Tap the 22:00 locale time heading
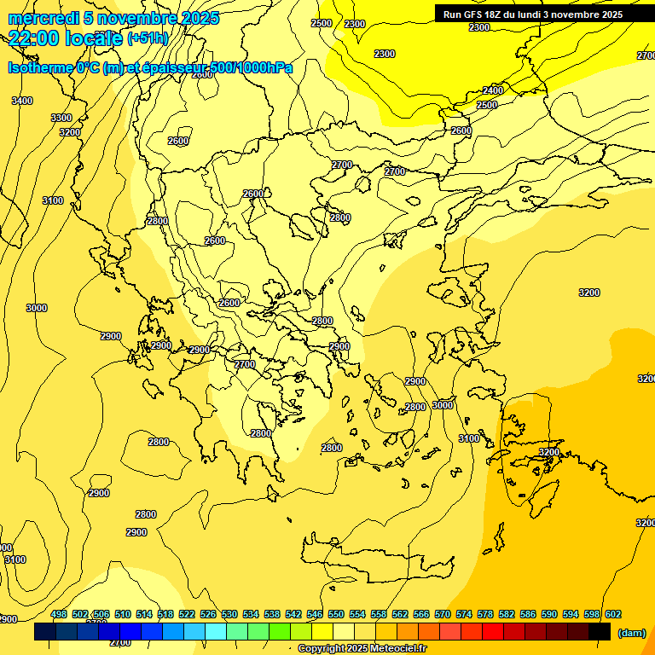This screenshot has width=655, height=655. tap(65, 38)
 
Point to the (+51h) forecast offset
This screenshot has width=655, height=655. tap(148, 38)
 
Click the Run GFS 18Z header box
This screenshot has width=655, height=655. tap(532, 14)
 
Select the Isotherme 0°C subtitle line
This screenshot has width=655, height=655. tap(150, 67)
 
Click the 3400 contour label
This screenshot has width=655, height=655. tap(22, 101)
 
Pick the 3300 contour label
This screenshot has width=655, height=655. tap(61, 118)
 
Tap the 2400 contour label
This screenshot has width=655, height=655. tap(493, 90)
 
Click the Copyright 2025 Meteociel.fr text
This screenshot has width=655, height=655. tap(362, 649)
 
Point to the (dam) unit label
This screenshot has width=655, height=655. tap(630, 632)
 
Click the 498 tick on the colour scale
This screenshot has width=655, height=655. tap(59, 615)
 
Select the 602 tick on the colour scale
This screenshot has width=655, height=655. tap(612, 615)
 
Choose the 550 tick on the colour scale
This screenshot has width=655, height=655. tap(336, 615)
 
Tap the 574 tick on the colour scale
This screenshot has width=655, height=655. tap(464, 615)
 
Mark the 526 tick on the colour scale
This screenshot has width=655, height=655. tap(208, 615)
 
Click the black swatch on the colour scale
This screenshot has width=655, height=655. tap(600, 632)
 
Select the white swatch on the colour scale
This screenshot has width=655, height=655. tap(344, 632)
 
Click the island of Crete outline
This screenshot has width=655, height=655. tap(384, 562)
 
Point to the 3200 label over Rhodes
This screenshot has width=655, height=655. tap(549, 452)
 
